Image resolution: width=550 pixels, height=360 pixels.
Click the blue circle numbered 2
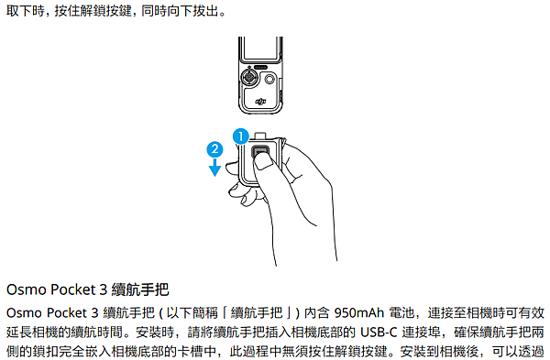pos(214,147)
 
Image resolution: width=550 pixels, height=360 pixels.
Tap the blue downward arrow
pos(214,166)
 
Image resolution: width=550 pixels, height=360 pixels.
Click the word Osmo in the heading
pos(25,289)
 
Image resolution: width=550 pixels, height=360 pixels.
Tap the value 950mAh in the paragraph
pos(347,311)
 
